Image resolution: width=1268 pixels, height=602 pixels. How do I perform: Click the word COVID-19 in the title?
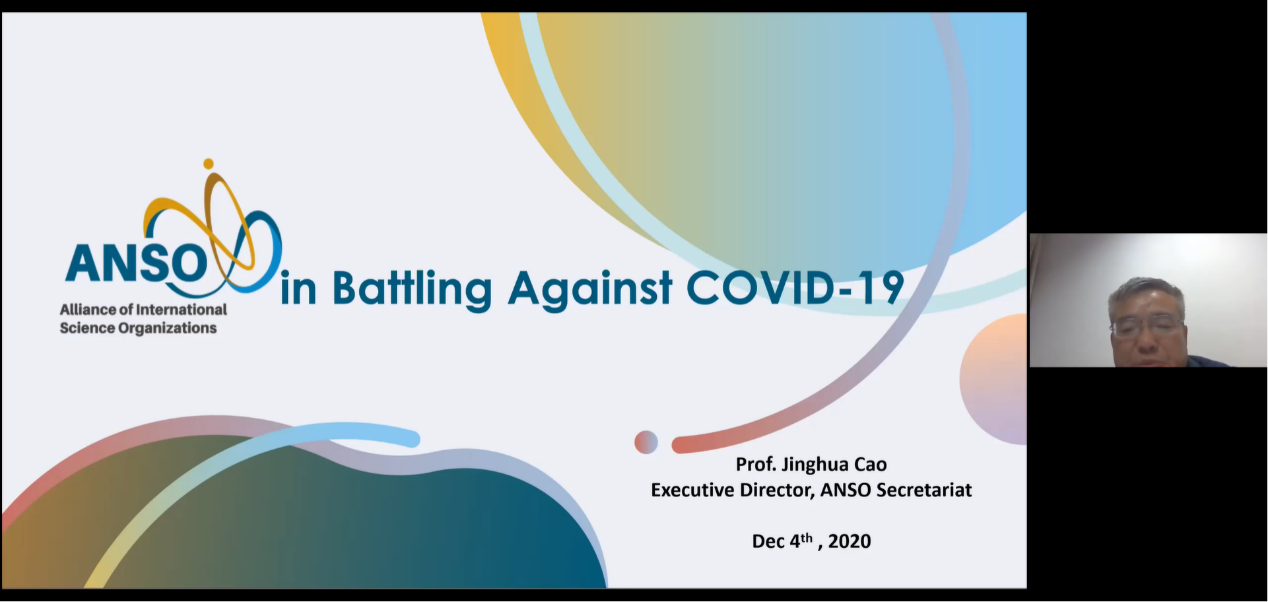pos(795,288)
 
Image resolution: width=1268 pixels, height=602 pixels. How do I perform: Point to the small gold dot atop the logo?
pos(209,163)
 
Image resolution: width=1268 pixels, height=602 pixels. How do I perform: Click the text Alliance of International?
pos(143,310)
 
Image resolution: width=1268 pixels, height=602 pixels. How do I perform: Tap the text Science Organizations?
pos(138,328)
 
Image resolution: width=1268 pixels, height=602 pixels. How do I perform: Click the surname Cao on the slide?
pos(871,465)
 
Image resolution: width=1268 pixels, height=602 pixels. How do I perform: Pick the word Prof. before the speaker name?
pos(756,465)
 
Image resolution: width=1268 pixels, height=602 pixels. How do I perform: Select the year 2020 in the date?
pos(850,541)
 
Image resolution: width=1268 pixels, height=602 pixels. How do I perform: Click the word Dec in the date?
pos(768,541)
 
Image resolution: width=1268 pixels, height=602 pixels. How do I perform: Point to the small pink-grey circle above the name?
pos(646,442)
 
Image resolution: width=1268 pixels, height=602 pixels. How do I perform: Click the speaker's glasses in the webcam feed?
pos(1146,326)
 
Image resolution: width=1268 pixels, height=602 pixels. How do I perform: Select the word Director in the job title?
pos(778,490)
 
